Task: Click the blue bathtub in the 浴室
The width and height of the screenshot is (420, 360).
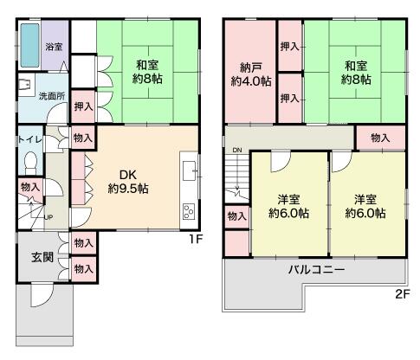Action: click(29, 45)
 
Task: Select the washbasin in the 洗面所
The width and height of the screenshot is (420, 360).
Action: click(24, 84)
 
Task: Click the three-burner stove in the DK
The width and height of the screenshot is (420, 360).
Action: click(190, 212)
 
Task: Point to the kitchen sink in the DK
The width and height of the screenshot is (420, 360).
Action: click(189, 171)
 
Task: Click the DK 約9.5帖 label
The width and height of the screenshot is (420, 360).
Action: click(128, 182)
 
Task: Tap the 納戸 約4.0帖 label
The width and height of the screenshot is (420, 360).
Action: click(251, 74)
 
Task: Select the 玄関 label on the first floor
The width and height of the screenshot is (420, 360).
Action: click(42, 257)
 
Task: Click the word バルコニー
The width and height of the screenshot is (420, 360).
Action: click(317, 270)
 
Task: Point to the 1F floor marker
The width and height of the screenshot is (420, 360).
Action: click(196, 239)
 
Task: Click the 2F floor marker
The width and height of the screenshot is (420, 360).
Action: click(403, 294)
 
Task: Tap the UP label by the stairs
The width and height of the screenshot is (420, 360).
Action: click(48, 217)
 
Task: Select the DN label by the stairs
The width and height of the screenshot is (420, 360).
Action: click(237, 150)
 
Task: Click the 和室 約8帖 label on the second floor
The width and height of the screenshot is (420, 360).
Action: click(356, 73)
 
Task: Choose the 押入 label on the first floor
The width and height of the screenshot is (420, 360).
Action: click(84, 106)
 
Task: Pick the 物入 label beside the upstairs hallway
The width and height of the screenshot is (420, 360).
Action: click(380, 138)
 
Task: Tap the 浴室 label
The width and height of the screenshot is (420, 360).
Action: click(54, 47)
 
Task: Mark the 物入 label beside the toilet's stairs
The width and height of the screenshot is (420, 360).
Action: click(30, 187)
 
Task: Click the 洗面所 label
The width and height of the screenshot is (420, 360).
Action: click(52, 96)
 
